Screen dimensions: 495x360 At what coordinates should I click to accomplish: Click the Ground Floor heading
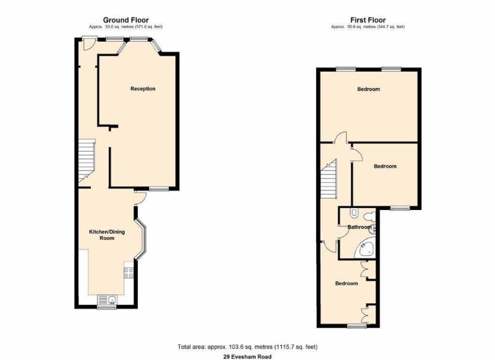click(x=126, y=20)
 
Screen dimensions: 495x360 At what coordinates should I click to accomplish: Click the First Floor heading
click(x=368, y=20)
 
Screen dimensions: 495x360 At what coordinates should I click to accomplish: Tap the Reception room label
click(x=143, y=89)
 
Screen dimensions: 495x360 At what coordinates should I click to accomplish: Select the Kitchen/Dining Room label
click(x=107, y=235)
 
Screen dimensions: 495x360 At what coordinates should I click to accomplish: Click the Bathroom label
click(x=359, y=227)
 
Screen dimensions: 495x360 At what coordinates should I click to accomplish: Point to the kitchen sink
click(x=107, y=300)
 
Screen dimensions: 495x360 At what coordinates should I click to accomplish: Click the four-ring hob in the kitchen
click(x=129, y=273)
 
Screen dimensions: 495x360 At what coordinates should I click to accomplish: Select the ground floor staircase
click(x=87, y=161)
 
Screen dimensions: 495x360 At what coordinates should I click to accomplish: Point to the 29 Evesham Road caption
click(x=247, y=357)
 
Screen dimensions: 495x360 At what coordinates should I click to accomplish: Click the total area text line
click(x=247, y=347)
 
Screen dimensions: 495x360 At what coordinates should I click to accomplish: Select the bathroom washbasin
click(x=372, y=229)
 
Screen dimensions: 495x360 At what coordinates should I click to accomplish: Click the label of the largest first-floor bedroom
click(x=368, y=89)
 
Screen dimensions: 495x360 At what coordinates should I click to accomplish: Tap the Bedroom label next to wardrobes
click(x=346, y=283)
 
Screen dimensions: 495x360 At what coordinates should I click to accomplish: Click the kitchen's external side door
click(x=140, y=198)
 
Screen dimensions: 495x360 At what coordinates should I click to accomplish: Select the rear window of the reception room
click(x=159, y=189)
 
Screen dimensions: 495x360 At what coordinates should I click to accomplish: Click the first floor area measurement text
click(x=368, y=27)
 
